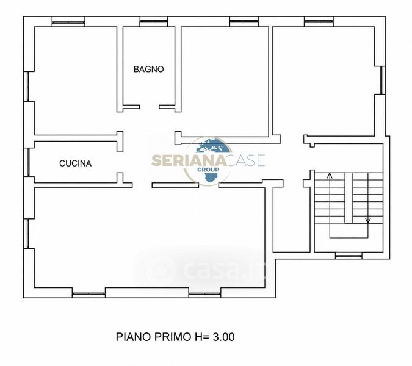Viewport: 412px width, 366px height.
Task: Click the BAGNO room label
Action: (x=149, y=70)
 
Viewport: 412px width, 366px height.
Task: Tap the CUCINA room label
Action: (x=76, y=163)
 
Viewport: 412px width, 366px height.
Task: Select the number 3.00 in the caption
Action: (x=223, y=337)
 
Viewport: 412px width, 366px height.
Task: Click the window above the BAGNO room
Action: (x=154, y=22)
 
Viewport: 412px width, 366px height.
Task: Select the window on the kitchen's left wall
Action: (x=27, y=162)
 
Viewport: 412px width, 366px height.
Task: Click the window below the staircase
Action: (x=349, y=256)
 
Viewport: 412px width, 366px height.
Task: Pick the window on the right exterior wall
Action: (x=382, y=80)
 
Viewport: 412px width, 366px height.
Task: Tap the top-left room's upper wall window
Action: (x=68, y=22)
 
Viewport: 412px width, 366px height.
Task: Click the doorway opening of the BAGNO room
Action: (x=150, y=107)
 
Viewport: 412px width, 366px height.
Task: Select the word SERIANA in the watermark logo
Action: (x=189, y=160)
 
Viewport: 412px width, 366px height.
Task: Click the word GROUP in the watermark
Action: (x=208, y=170)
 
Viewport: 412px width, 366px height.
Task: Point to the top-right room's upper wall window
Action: (x=319, y=22)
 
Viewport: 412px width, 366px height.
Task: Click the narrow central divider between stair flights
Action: (x=349, y=198)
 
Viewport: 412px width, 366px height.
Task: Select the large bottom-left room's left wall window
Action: (x=27, y=234)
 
